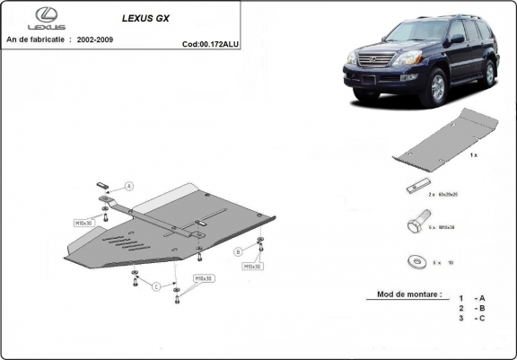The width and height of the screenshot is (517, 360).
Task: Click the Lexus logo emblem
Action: click(x=45, y=16)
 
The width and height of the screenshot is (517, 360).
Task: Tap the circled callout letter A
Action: click(x=129, y=186)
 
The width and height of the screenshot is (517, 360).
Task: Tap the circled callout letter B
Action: click(x=238, y=250)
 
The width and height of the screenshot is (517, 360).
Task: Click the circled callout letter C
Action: click(x=155, y=286)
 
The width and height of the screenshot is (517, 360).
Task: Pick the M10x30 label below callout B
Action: click(x=250, y=267)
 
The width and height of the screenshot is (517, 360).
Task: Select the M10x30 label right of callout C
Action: click(x=204, y=279)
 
